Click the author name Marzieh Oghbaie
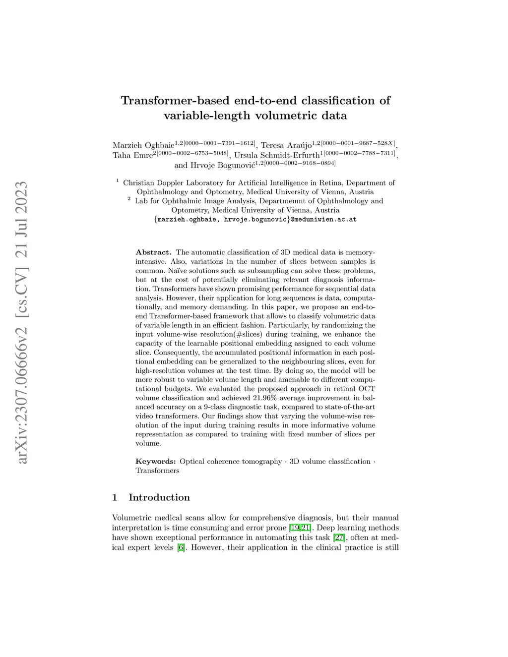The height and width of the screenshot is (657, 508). [x=143, y=146]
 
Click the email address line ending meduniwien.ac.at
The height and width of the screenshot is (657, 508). [x=255, y=219]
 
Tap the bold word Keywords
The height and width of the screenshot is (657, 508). [x=155, y=462]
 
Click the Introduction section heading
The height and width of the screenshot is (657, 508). [x=159, y=498]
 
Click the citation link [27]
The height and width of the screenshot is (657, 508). [x=339, y=538]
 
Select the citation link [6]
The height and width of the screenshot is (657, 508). [x=181, y=547]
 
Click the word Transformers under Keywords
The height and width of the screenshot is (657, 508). [x=157, y=471]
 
